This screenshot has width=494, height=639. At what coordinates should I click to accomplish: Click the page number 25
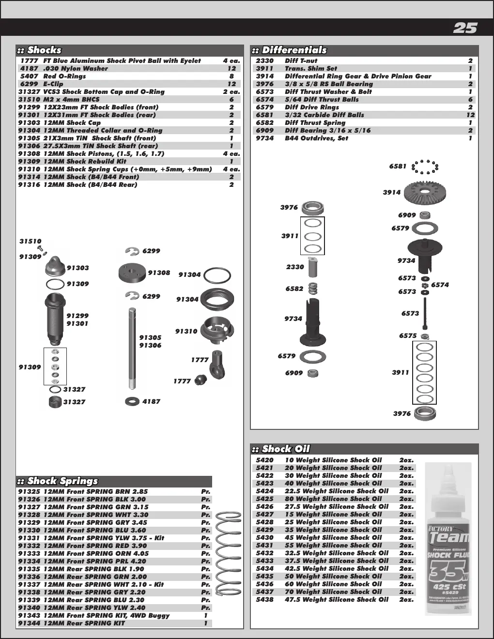(465, 28)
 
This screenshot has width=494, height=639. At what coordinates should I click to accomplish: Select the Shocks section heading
(44, 50)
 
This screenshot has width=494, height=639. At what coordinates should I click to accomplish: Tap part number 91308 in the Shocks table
(29, 153)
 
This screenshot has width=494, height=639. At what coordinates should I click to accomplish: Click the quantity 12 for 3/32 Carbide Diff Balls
(470, 115)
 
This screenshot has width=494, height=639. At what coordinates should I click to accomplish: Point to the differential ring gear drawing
(425, 192)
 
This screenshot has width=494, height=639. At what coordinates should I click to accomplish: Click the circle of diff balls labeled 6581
(425, 167)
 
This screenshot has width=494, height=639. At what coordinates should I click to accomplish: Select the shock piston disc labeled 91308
(132, 273)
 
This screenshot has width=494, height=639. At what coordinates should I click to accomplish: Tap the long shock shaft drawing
(132, 349)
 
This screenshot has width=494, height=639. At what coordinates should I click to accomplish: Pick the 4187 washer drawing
(132, 401)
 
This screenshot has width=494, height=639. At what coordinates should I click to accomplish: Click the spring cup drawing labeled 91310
(217, 330)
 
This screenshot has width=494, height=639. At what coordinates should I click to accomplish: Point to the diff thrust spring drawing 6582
(313, 288)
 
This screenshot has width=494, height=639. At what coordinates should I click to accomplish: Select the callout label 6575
(408, 336)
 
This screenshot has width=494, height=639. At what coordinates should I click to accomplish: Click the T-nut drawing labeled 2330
(313, 267)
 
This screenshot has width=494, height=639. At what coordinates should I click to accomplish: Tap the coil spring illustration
(228, 553)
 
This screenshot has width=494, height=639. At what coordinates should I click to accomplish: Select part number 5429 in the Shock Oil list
(264, 530)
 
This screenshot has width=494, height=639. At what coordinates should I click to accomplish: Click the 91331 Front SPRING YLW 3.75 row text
(91, 538)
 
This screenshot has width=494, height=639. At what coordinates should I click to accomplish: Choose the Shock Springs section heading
(62, 481)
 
